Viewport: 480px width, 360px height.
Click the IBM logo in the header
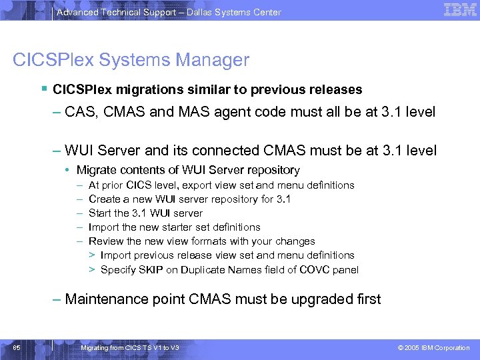(x=460, y=10)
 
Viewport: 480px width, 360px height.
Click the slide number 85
(x=16, y=347)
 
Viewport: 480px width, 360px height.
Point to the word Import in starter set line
(x=103, y=227)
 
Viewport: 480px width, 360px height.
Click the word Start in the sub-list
(x=99, y=213)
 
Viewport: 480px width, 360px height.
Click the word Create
(x=104, y=199)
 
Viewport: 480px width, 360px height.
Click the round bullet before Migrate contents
(x=68, y=171)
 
